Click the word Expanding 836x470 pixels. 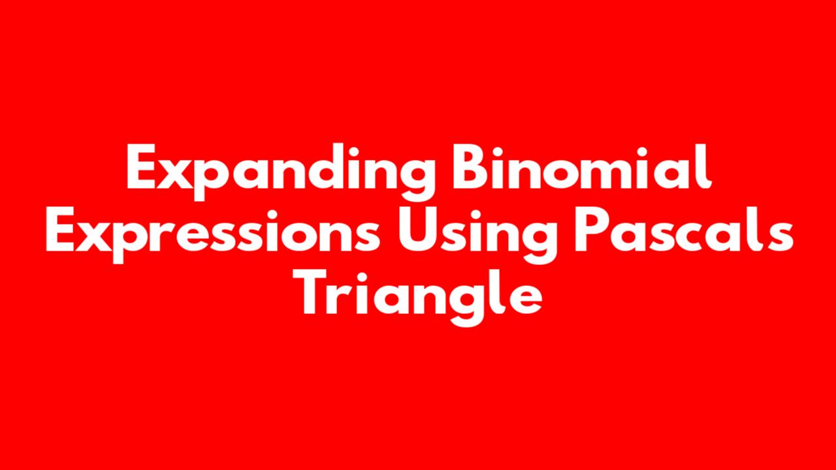281,172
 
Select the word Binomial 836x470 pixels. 581,166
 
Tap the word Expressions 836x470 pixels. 213,235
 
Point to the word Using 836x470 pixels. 477,235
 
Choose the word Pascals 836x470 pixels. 684,229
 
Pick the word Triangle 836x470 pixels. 417,298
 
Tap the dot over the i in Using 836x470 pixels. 483,213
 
